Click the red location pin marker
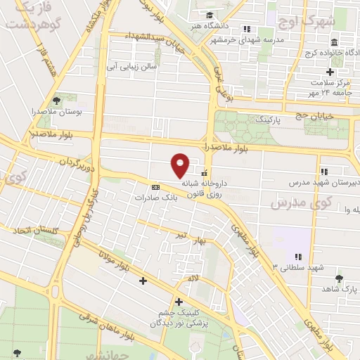[181, 164]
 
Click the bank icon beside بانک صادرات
[155, 187]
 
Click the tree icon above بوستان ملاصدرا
[55, 100]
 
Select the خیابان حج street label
[315, 113]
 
